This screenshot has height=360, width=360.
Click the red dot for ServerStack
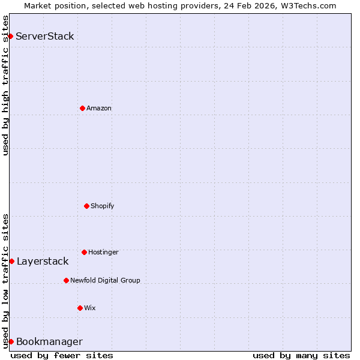[x=10, y=36]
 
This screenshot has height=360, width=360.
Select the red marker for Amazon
[x=82, y=108]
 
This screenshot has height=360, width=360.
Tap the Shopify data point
[x=86, y=206]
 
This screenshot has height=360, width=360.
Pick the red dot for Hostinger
[x=84, y=252]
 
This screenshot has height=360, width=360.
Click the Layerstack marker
[x=11, y=261]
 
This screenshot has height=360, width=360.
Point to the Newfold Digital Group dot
[x=66, y=280]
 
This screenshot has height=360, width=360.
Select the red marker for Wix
[x=80, y=308]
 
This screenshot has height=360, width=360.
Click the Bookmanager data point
[x=11, y=341]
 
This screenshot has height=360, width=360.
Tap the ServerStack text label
[x=45, y=36]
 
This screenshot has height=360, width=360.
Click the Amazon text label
[x=99, y=108]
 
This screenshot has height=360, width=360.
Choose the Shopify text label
[x=103, y=206]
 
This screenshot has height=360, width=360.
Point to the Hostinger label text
[x=103, y=252]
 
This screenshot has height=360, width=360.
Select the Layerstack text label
[x=43, y=261]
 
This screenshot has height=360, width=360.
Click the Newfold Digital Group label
[x=105, y=280]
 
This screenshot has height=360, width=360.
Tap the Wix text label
[x=90, y=308]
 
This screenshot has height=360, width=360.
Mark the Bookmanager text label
[x=49, y=342]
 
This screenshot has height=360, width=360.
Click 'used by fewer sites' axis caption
[x=62, y=355]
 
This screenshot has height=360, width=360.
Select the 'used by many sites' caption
[x=301, y=355]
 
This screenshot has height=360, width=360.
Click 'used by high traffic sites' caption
[x=5, y=85]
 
